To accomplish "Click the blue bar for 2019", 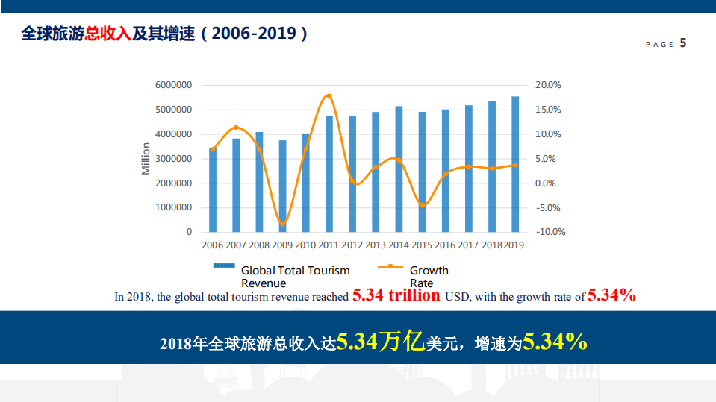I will point(515,164).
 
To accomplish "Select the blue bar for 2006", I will point(213,190).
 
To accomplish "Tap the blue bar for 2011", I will point(329,175).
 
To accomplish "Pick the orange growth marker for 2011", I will point(329,96).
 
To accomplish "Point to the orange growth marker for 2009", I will point(282,224).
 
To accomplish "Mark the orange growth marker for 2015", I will point(423,204).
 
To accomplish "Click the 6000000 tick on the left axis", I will point(173,85).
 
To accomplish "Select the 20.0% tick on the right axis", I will point(549,85).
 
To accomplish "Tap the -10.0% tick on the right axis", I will point(551,232).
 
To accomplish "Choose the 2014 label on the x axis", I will point(399,245).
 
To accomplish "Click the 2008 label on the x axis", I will point(259,245).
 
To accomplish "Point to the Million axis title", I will point(146,159).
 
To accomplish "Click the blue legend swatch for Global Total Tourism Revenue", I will point(224,266).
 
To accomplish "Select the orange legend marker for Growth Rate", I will point(390,266).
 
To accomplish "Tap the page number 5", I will point(683,43).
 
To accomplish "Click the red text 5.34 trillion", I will point(396,295).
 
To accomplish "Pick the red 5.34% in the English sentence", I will point(611,295).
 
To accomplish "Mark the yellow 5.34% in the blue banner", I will point(554,342).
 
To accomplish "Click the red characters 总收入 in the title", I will point(108,34).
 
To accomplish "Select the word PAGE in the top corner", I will point(659,45).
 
